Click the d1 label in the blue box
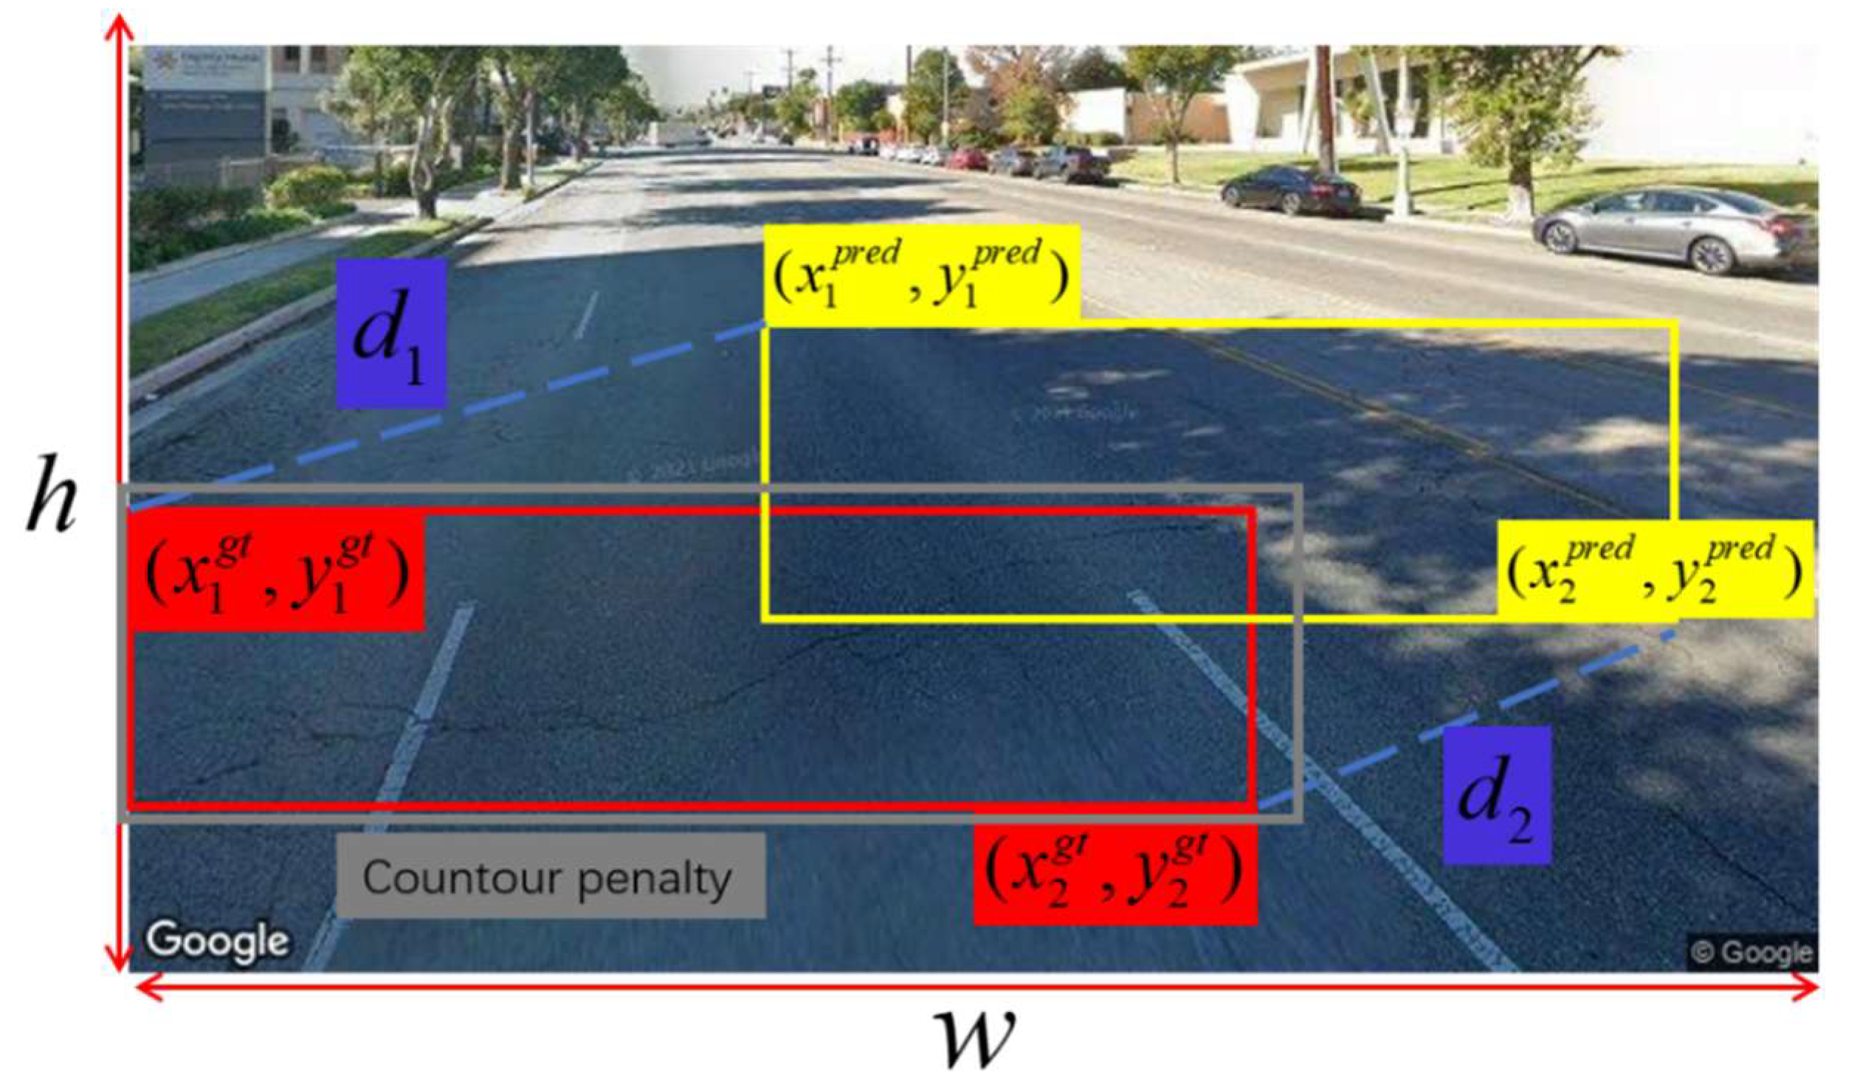(390, 334)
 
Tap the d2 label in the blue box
(1496, 795)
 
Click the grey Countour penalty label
(550, 876)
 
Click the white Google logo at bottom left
(217, 941)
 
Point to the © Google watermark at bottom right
(1752, 952)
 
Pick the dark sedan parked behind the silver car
(1292, 190)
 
